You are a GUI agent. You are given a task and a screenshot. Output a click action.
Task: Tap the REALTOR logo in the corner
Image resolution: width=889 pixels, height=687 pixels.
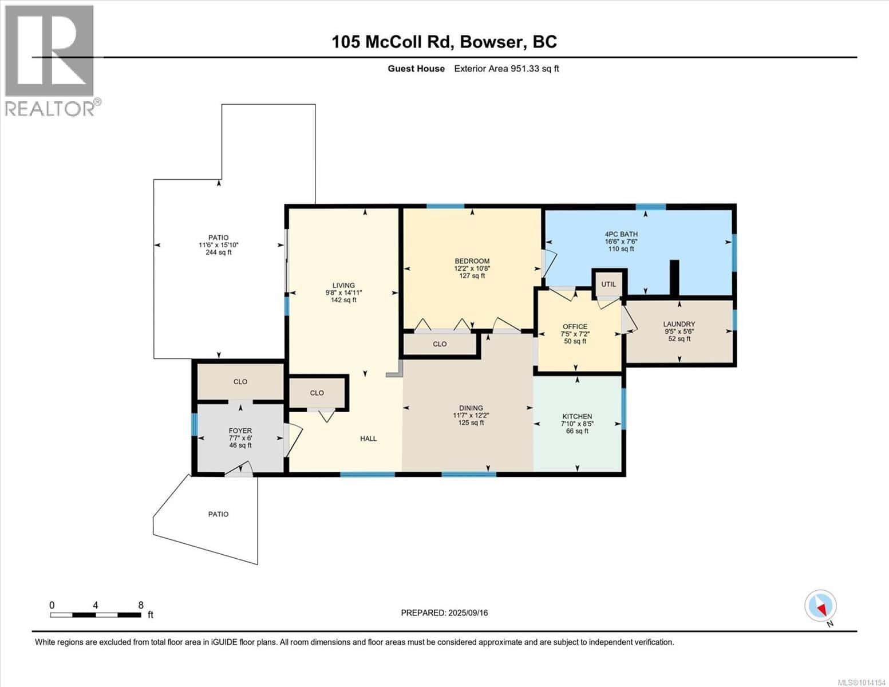50,60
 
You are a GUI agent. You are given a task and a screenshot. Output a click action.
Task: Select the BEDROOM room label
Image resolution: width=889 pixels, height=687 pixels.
472,261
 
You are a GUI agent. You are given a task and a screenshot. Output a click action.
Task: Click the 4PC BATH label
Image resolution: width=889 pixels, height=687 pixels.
621,234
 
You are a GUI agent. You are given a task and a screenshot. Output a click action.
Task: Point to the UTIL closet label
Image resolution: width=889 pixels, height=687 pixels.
609,284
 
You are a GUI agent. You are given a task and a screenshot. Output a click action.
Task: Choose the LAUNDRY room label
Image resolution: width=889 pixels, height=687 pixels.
679,324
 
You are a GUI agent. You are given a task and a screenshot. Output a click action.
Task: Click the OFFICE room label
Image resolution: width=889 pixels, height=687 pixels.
575,327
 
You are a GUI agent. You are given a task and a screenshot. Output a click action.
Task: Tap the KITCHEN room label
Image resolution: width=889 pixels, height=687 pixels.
577,416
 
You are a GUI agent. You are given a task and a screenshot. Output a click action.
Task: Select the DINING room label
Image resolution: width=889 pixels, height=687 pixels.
471,408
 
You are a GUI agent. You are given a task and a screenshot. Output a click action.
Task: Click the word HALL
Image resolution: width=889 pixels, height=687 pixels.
368,439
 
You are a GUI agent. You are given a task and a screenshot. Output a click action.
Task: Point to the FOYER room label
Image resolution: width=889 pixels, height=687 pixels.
240,431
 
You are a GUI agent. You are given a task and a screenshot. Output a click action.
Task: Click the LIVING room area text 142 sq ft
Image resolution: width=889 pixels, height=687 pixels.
343,300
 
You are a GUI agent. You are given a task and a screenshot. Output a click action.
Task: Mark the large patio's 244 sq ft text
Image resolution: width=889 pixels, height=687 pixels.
218,252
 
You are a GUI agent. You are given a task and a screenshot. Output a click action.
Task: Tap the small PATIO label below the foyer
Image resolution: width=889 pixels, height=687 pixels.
218,514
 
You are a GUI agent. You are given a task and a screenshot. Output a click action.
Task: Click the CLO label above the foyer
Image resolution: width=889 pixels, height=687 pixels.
240,382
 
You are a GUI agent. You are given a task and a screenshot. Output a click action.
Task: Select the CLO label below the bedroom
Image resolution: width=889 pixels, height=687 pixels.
440,344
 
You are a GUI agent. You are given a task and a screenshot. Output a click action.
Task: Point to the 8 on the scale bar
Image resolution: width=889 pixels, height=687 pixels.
140,605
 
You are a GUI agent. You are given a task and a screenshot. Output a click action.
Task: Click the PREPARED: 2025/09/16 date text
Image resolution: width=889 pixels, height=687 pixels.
444,613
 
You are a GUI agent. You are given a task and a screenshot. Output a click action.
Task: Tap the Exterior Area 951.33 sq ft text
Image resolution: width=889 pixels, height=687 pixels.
506,69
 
